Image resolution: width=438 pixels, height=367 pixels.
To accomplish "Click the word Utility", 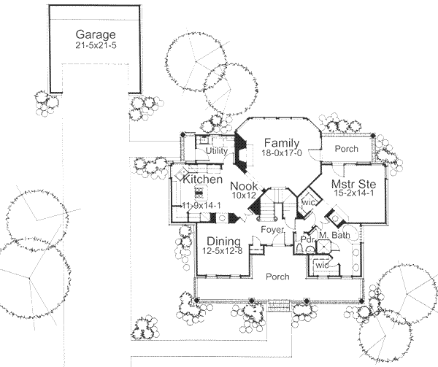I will tap(217, 150).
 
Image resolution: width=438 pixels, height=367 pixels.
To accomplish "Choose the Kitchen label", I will tap(202, 179).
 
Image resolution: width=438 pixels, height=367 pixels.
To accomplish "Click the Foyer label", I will tap(273, 230).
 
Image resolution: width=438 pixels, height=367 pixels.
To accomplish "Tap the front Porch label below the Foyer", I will tap(277, 277).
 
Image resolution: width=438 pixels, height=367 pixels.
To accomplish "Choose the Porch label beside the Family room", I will tap(346, 148).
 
